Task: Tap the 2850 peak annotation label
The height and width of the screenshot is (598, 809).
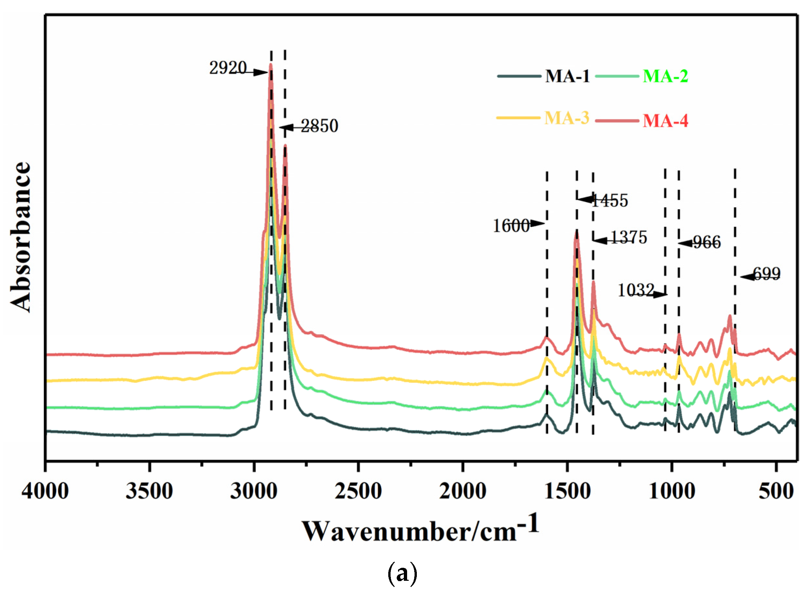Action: [319, 126]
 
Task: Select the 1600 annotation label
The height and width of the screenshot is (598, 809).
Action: [511, 226]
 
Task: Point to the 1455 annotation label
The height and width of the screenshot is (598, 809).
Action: [610, 200]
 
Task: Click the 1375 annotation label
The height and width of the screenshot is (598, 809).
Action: [629, 238]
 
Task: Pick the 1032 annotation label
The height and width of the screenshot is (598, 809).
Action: [636, 290]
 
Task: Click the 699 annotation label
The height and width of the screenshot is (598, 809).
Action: [766, 274]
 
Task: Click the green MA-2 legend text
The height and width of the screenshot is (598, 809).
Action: [665, 76]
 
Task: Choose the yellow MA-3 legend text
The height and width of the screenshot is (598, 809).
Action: [566, 118]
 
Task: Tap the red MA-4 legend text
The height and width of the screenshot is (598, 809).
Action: [665, 121]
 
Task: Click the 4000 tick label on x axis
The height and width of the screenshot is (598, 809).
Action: [45, 492]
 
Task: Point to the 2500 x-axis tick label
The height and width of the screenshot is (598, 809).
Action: [358, 492]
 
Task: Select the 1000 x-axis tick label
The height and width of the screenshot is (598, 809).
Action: [672, 492]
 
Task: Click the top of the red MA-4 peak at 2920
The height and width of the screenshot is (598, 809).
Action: [271, 64]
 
